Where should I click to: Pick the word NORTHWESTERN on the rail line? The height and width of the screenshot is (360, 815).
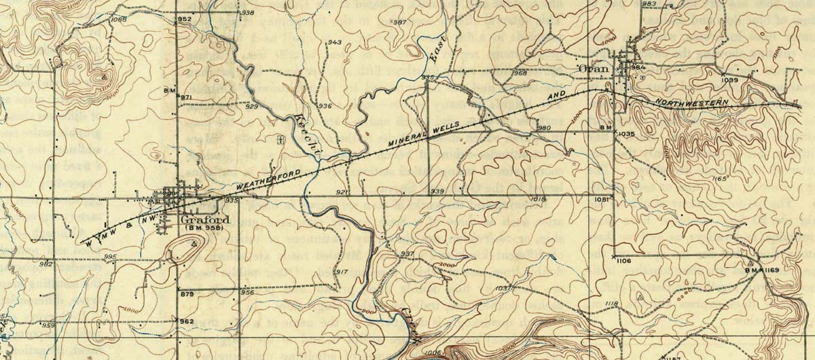pyautogui.click(x=692, y=103)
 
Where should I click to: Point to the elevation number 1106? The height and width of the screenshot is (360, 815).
pyautogui.click(x=625, y=261)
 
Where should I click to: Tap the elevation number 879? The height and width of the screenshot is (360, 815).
pyautogui.click(x=187, y=293)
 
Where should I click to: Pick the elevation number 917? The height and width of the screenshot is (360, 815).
pyautogui.click(x=342, y=272)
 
